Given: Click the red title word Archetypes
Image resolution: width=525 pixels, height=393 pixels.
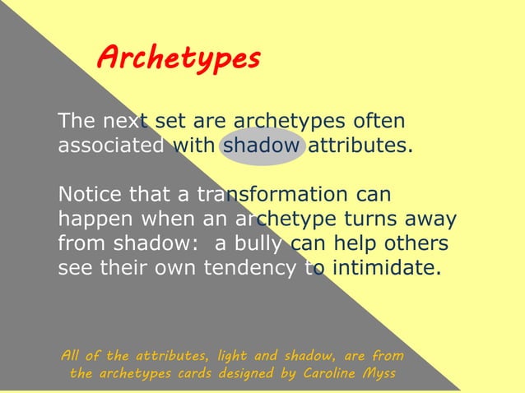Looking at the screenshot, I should (x=179, y=58).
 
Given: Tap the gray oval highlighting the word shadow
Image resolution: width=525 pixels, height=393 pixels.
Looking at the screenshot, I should (x=263, y=146).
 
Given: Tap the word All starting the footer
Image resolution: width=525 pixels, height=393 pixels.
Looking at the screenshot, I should (x=72, y=355).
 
